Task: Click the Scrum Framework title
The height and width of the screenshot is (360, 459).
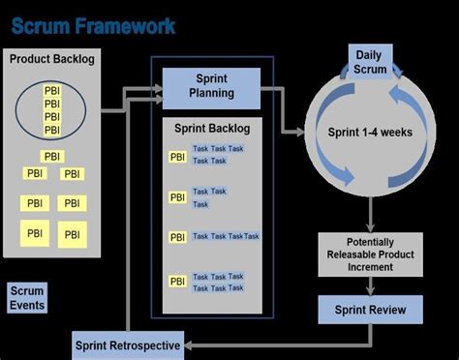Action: point(93,24)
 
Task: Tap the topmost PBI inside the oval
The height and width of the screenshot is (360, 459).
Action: point(52,91)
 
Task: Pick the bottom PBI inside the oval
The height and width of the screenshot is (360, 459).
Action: point(52,129)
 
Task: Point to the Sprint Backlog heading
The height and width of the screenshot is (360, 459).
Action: point(211,128)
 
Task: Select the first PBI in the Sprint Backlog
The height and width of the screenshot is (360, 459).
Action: point(178,156)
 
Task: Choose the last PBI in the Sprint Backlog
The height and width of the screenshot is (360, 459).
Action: point(178,282)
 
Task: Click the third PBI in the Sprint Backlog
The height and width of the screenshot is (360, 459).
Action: point(178,237)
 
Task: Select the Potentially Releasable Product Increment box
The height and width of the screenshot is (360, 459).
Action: point(371,255)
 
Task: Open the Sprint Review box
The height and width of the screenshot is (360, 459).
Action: point(371,310)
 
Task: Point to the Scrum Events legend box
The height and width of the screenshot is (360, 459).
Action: point(27,297)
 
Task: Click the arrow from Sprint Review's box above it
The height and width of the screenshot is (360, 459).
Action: point(371,286)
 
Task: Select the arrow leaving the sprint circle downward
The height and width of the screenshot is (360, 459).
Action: point(371,213)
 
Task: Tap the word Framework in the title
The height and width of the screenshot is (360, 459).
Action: point(127,24)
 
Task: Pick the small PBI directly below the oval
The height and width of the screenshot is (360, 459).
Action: point(52,156)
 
